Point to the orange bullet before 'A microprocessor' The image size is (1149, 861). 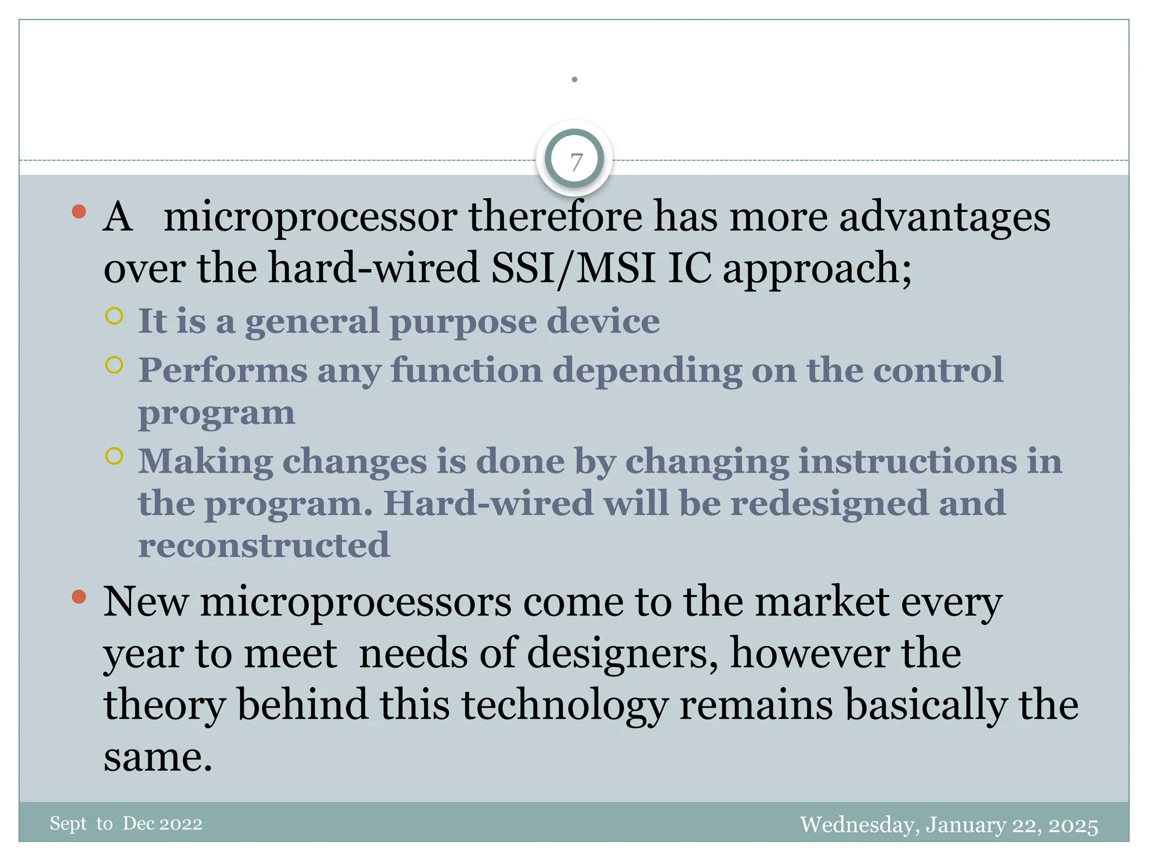[79, 211]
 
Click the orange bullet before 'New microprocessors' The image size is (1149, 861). [79, 596]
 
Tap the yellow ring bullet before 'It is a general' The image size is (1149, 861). [114, 316]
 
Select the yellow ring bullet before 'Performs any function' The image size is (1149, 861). [114, 365]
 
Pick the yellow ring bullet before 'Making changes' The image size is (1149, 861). [114, 456]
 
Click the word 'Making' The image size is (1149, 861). [205, 462]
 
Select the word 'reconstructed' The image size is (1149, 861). [264, 545]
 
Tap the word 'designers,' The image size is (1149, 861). [622, 654]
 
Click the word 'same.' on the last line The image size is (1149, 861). [158, 757]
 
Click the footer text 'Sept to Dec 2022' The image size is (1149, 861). [126, 823]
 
